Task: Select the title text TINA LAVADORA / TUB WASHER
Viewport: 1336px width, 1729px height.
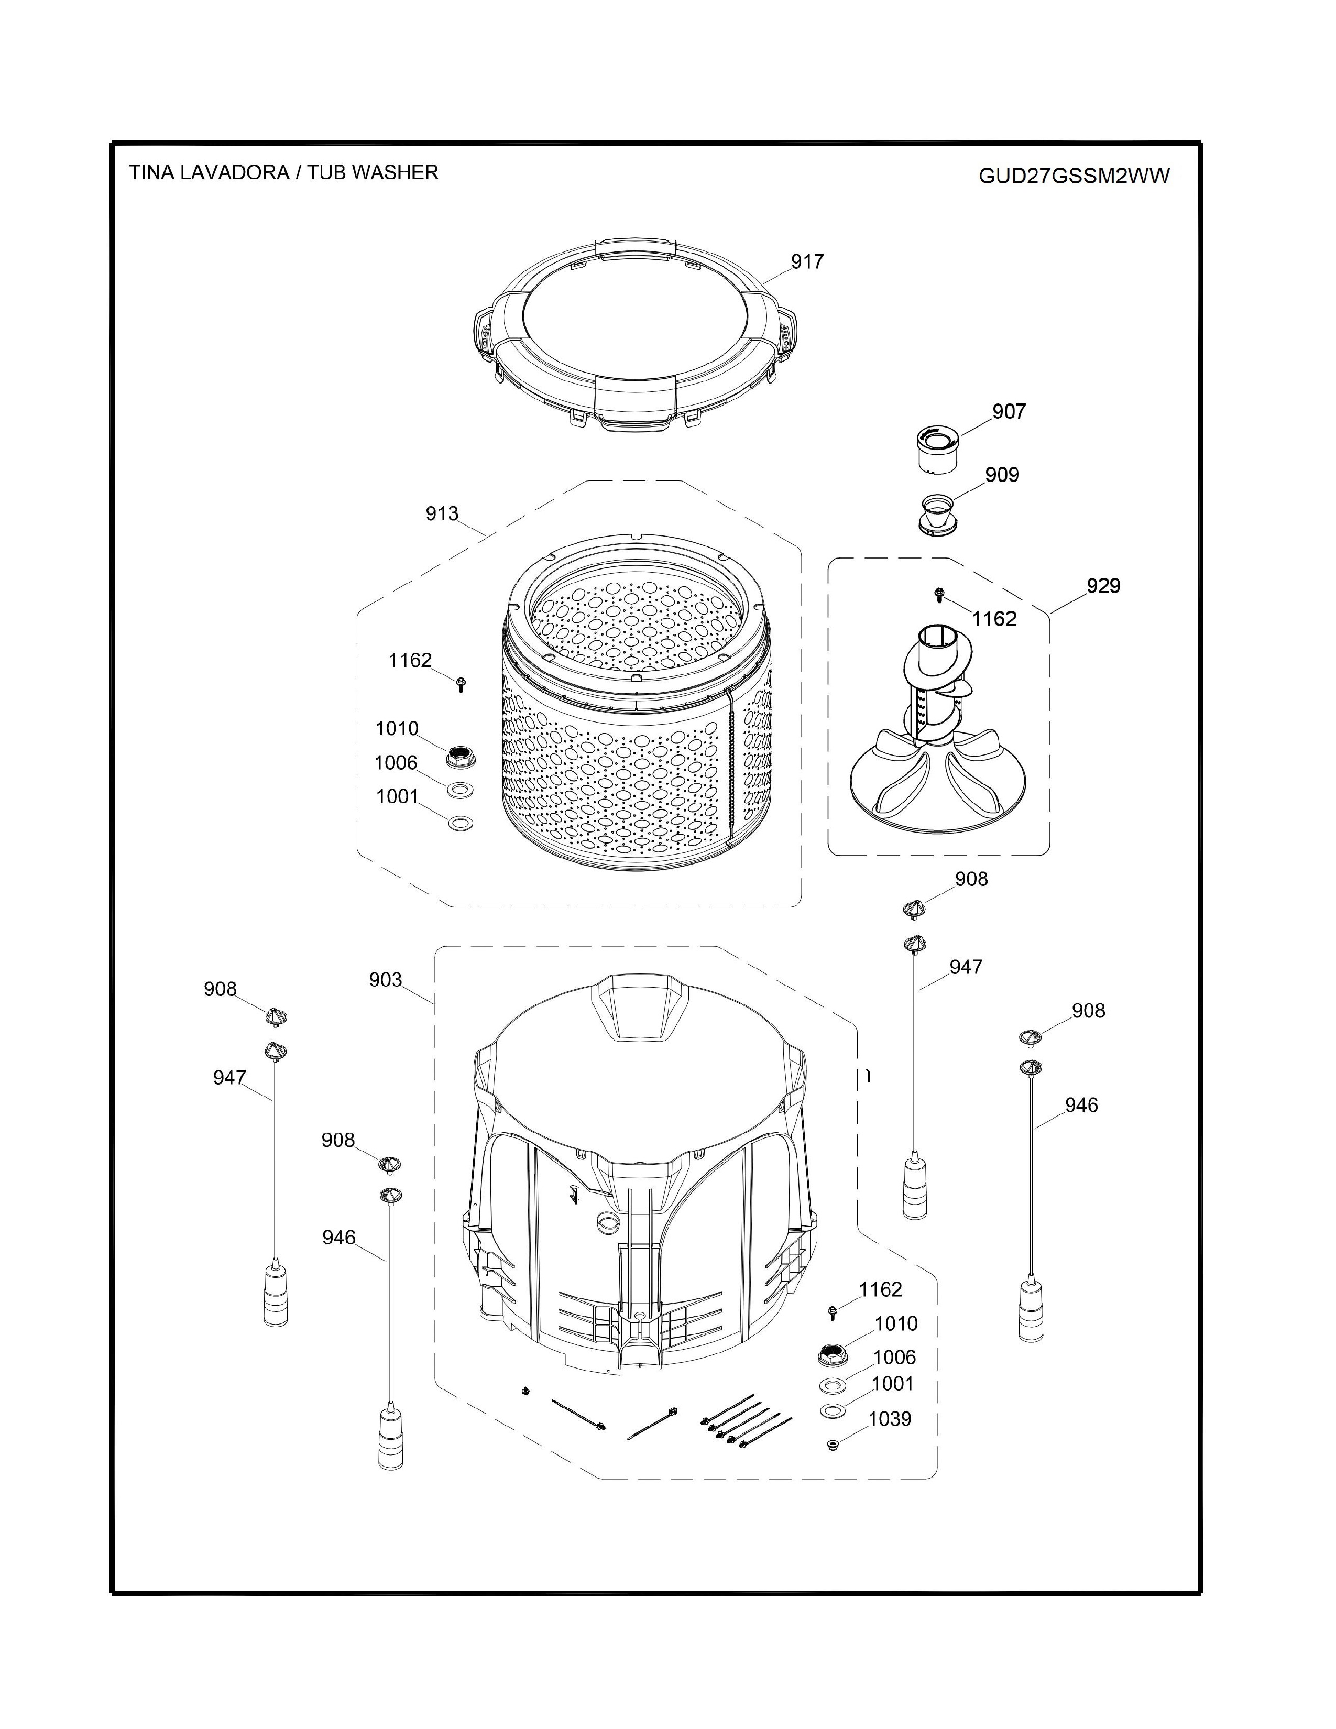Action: point(283,172)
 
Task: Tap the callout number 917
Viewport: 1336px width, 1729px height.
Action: point(807,261)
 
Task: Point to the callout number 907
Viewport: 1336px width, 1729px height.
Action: point(1009,412)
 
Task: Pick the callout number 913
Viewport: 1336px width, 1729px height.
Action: point(442,514)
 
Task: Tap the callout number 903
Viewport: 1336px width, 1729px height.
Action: point(386,980)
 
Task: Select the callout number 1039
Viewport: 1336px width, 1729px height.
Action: point(890,1419)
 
